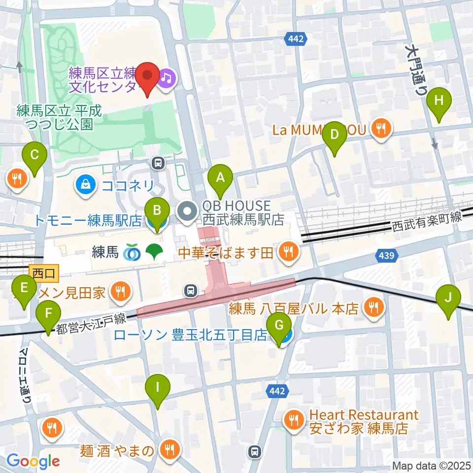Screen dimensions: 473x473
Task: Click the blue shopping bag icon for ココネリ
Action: (86, 185)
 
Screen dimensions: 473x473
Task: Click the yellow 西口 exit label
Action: (44, 271)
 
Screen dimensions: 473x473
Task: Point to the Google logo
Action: (33, 461)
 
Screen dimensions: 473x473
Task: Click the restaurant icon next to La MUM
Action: (381, 130)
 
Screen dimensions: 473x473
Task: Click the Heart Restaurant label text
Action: (364, 415)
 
